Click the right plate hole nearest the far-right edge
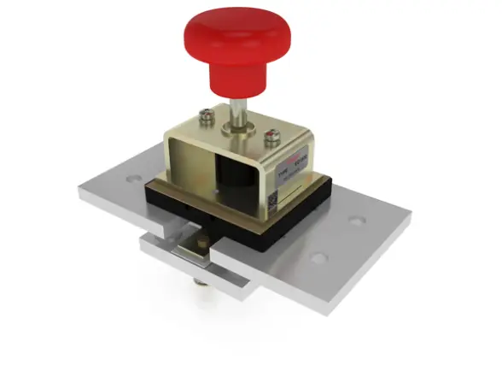click(x=358, y=221)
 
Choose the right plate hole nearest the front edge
click(x=318, y=257)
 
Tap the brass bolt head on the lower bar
click(x=201, y=246)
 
